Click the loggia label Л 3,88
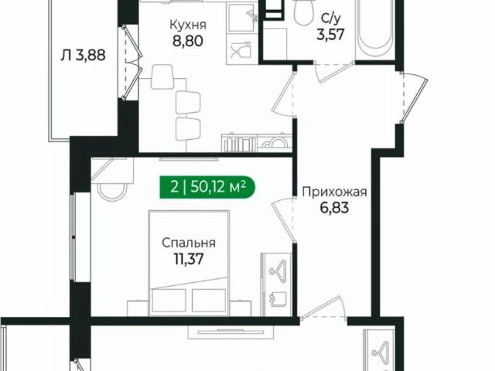82,55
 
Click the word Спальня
189,243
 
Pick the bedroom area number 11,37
189,259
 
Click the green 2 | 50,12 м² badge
205,185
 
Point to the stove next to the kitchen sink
272,142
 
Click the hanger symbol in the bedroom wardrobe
277,271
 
